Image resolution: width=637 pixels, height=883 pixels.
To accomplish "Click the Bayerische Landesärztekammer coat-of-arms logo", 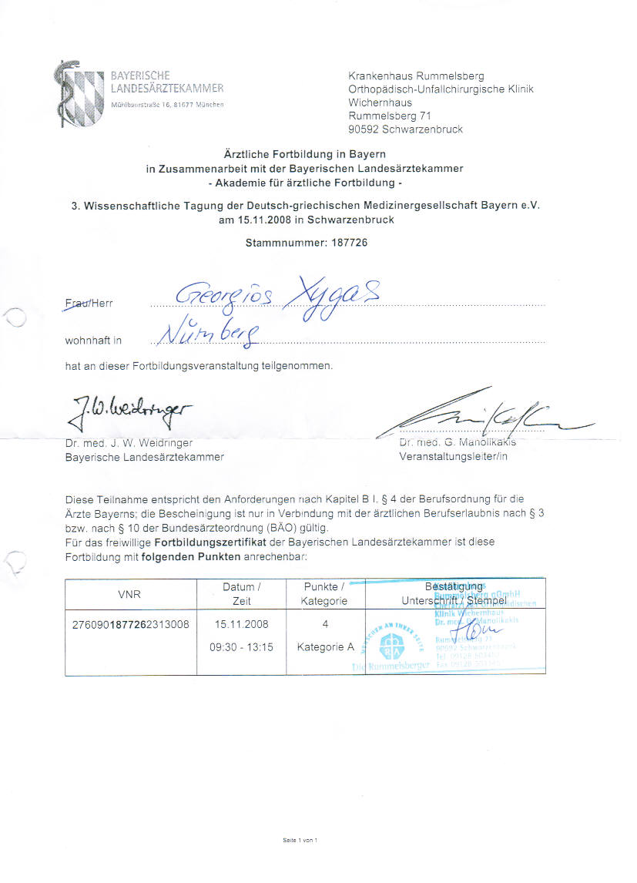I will tap(79, 93).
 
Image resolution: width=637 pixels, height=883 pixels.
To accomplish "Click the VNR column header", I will tap(129, 594).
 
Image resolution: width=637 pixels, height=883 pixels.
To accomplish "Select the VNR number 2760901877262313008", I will tap(129, 624).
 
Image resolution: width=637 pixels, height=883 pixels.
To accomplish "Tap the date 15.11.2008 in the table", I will tap(241, 624).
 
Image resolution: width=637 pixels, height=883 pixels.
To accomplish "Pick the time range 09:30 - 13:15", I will tap(241, 647).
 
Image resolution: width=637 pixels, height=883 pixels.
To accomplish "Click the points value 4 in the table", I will tap(325, 624).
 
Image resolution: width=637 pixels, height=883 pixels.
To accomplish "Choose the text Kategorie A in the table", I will tap(325, 647).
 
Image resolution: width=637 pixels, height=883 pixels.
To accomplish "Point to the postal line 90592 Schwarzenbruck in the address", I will tap(405, 129).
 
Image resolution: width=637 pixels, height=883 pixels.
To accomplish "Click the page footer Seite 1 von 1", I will tap(300, 840).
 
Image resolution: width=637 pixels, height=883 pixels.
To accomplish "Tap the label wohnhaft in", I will tap(93, 340).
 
